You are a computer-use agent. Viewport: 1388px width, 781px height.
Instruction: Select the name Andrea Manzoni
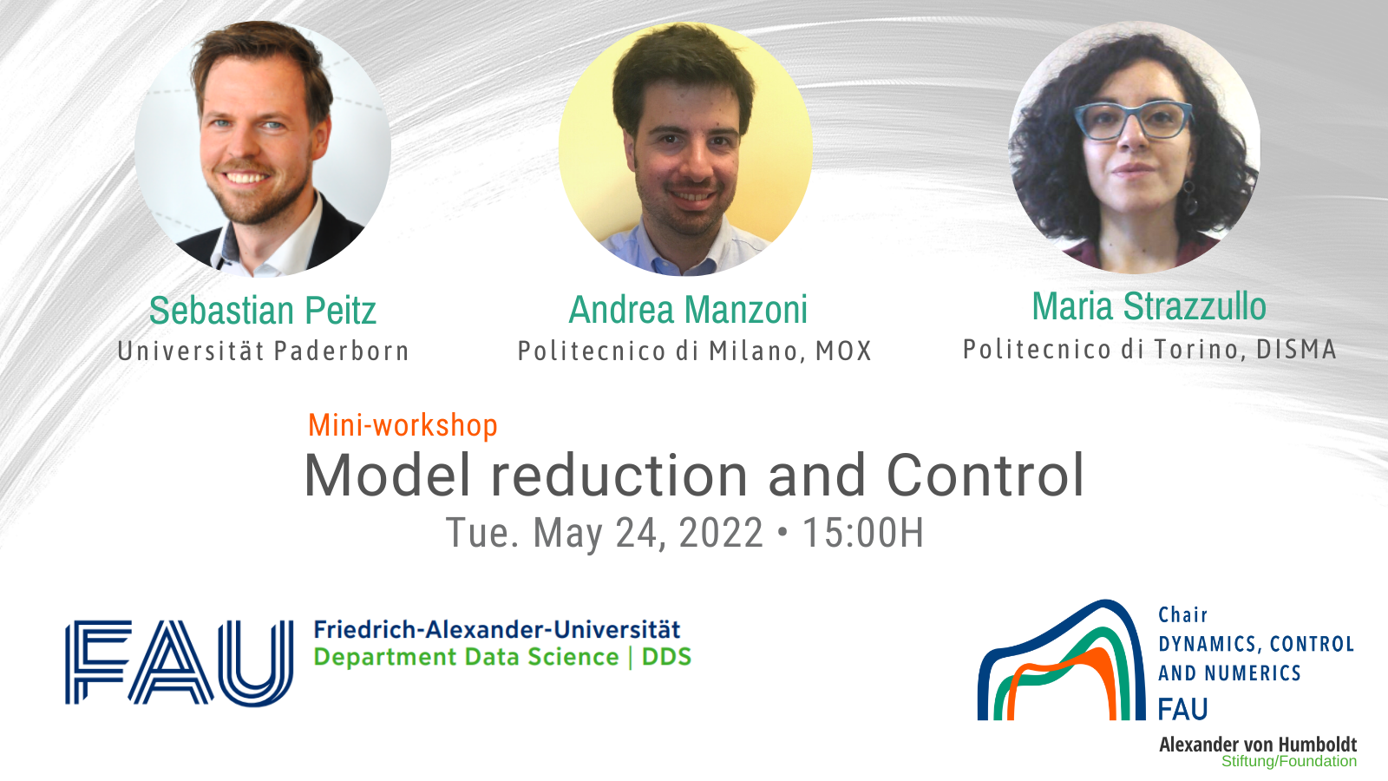click(x=689, y=309)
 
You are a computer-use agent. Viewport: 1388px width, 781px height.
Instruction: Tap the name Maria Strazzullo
click(x=1149, y=306)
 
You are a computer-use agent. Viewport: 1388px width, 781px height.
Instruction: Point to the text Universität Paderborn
click(x=264, y=351)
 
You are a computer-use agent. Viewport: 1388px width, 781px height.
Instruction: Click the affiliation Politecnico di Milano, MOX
click(x=695, y=351)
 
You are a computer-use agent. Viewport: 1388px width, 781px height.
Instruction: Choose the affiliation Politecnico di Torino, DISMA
click(x=1149, y=350)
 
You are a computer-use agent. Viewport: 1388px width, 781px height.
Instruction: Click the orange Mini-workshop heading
click(x=403, y=426)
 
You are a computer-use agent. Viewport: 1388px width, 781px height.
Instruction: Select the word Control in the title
click(x=985, y=475)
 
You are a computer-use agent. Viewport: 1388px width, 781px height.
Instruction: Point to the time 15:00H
click(x=863, y=533)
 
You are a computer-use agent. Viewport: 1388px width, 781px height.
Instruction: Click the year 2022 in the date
click(x=721, y=533)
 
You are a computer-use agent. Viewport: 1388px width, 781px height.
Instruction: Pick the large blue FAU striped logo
click(x=179, y=663)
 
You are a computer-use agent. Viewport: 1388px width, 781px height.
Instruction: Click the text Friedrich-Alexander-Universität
click(x=497, y=630)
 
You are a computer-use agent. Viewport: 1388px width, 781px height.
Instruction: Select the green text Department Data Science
click(x=467, y=657)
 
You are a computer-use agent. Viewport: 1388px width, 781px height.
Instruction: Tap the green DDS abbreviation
click(x=667, y=657)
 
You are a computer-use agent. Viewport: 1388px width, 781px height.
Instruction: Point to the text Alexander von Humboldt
click(x=1258, y=745)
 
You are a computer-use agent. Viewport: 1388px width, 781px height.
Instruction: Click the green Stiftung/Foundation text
click(x=1289, y=762)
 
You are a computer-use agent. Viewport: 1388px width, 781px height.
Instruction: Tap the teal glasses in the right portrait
click(x=1133, y=121)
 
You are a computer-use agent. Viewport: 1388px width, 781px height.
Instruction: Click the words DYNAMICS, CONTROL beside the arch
click(x=1256, y=645)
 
